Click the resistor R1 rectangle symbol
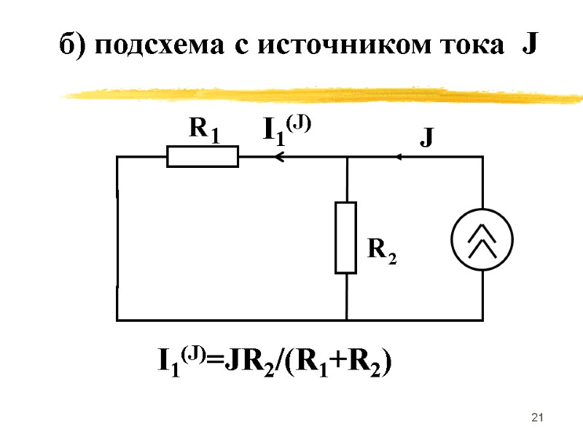click(202, 156)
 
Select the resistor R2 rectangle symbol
click(345, 238)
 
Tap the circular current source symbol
click(482, 239)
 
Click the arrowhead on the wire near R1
click(275, 156)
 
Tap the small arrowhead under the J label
click(400, 156)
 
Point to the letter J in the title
click(529, 45)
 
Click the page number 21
click(539, 418)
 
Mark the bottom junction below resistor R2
click(346, 320)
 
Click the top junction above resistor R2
click(346, 156)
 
